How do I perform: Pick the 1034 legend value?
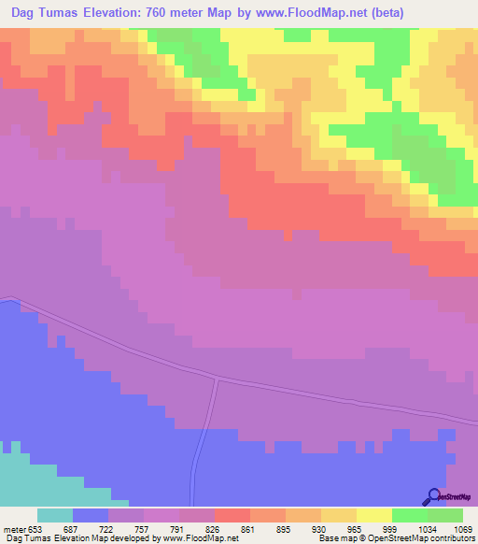[427, 528]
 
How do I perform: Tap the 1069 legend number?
[462, 528]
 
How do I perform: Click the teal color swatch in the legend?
[55, 515]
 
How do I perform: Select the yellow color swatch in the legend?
[373, 515]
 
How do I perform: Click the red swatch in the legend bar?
[232, 515]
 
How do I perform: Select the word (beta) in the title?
[445, 12]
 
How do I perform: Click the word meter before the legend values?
[15, 528]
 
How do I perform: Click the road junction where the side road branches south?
[218, 380]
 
